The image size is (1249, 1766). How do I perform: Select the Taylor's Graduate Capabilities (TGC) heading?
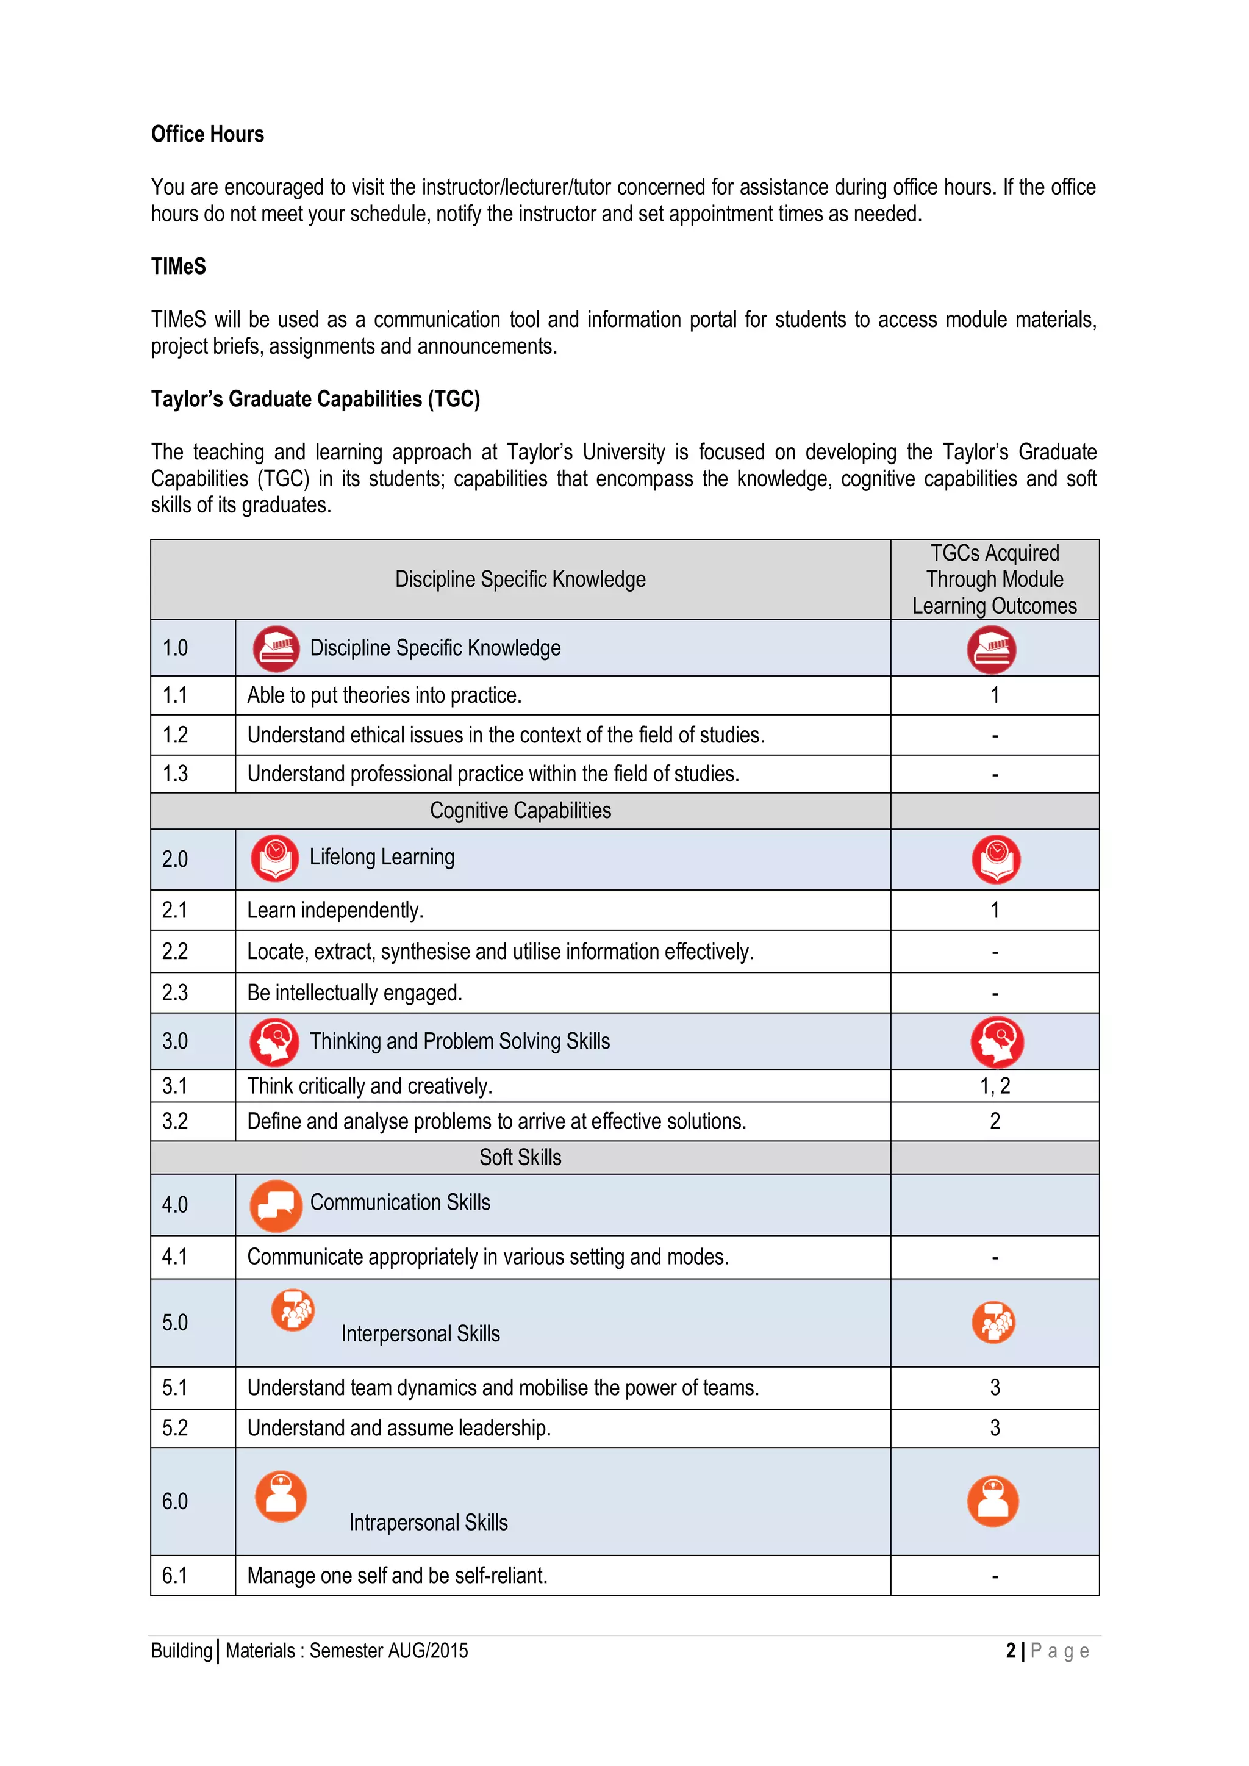pyautogui.click(x=315, y=398)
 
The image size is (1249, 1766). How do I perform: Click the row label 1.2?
pyautogui.click(x=176, y=734)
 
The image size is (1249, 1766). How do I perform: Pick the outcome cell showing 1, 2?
pyautogui.click(x=995, y=1085)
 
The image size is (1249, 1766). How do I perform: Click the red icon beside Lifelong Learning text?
pyautogui.click(x=274, y=858)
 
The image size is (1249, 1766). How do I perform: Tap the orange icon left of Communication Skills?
pyautogui.click(x=275, y=1205)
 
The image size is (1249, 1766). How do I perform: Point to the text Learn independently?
pyautogui.click(x=335, y=910)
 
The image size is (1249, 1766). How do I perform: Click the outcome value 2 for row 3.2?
pyautogui.click(x=995, y=1121)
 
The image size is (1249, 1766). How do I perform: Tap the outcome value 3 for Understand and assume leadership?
pyautogui.click(x=995, y=1427)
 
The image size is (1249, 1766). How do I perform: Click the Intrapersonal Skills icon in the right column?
pyautogui.click(x=992, y=1501)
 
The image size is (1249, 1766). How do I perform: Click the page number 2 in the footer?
pyautogui.click(x=1011, y=1651)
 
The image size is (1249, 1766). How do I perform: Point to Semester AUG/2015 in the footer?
pyautogui.click(x=388, y=1651)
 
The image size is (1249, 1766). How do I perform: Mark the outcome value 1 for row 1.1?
pyautogui.click(x=995, y=695)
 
